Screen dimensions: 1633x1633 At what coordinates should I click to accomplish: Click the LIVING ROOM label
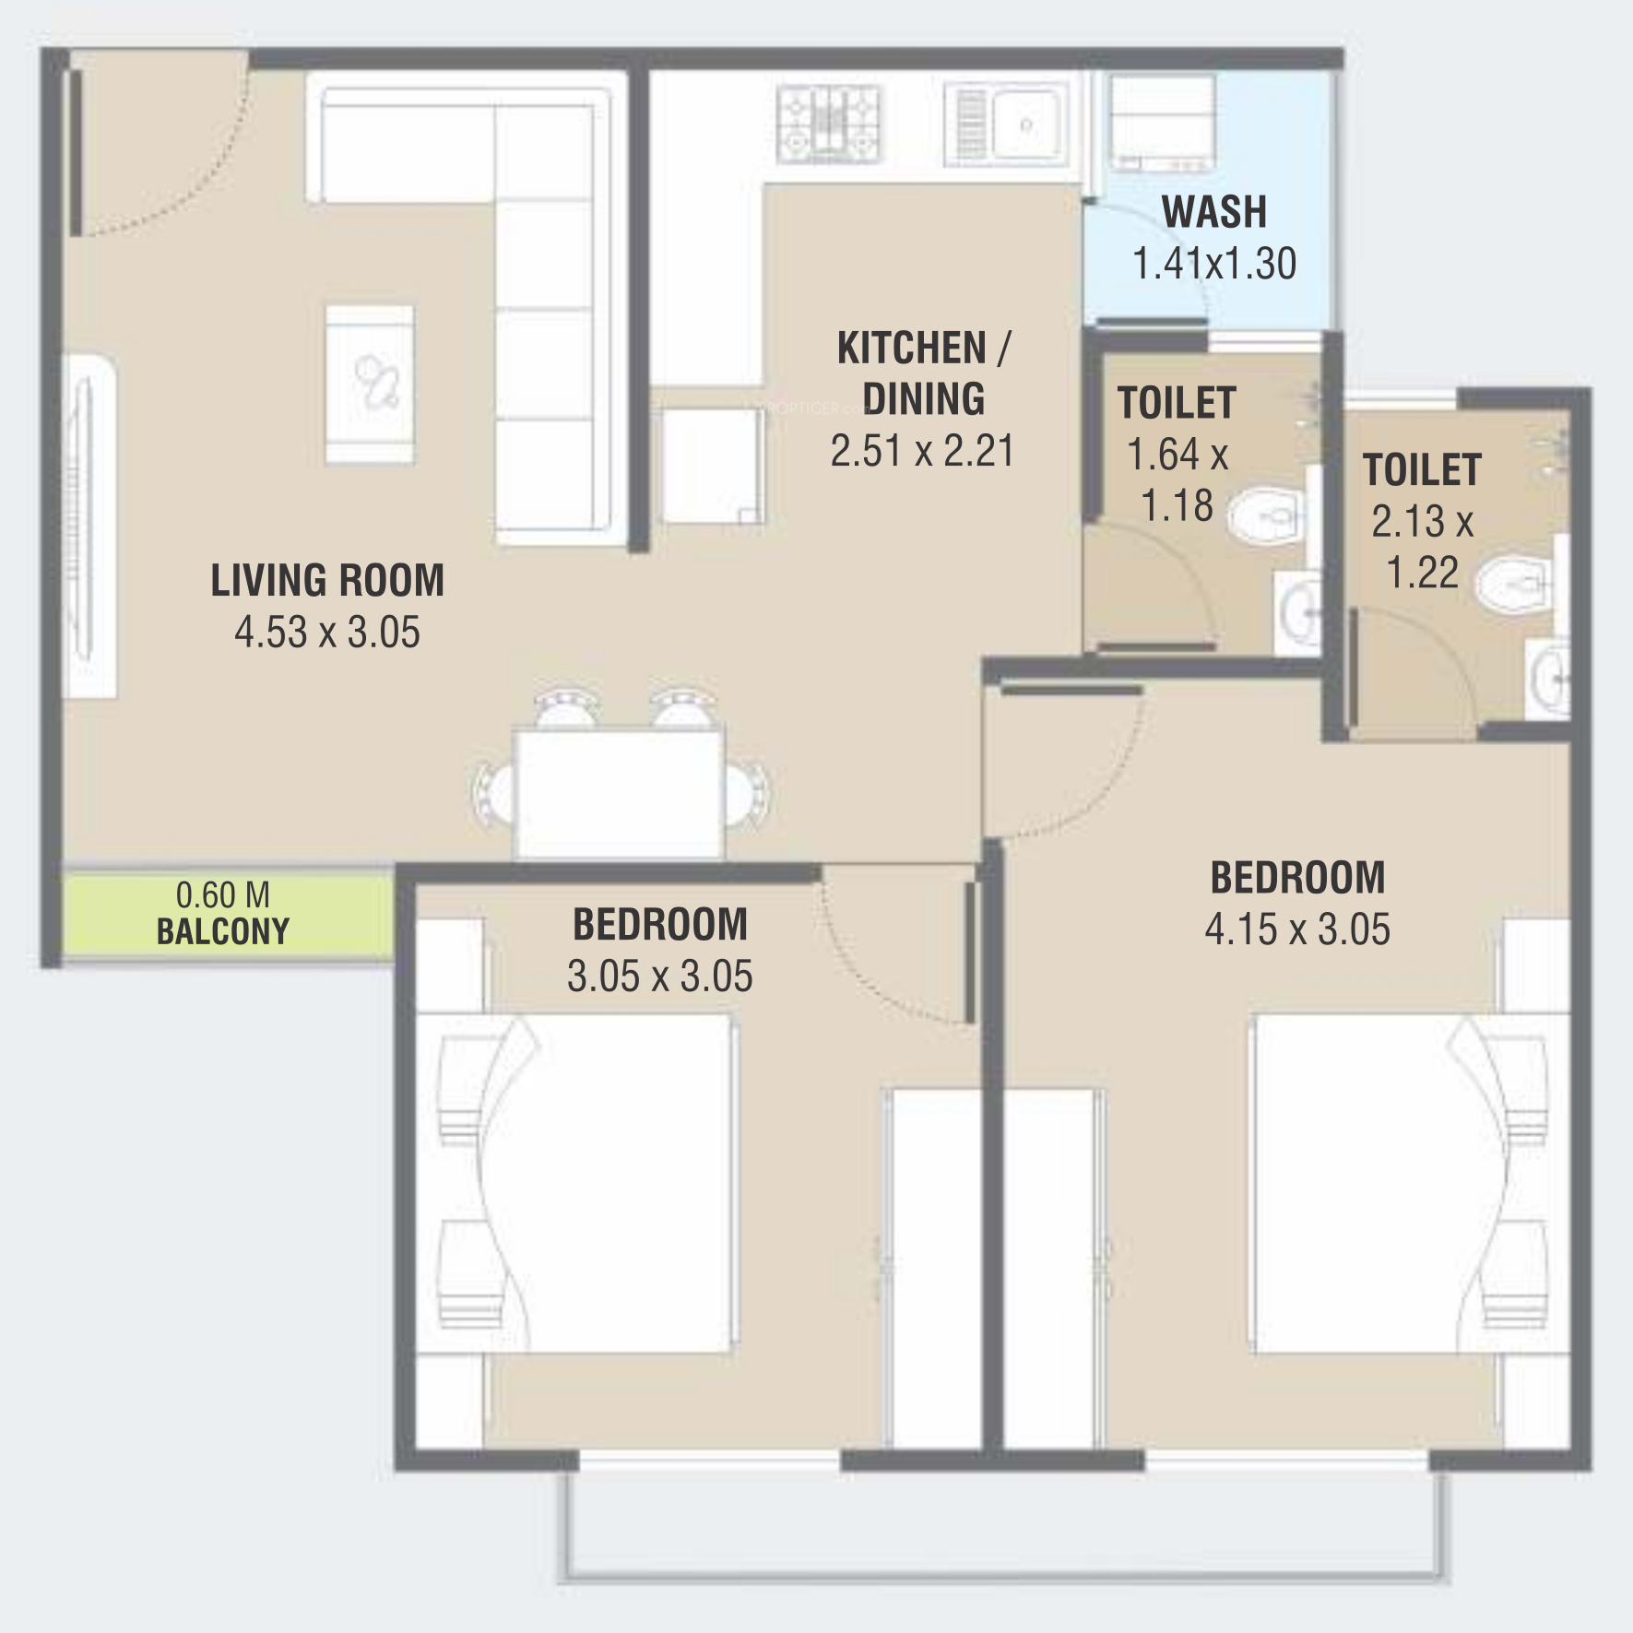(327, 581)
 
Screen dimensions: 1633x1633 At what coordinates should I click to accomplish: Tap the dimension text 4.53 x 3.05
(327, 633)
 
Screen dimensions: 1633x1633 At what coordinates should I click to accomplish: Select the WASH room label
(1214, 212)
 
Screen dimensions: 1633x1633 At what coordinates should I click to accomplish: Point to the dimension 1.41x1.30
(1214, 264)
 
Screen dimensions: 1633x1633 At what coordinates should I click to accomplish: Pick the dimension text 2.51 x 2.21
(923, 451)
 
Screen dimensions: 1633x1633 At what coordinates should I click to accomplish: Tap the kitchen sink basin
(1025, 124)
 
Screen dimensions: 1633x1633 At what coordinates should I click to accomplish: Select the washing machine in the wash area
(1162, 124)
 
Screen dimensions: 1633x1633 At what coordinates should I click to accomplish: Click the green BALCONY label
(223, 931)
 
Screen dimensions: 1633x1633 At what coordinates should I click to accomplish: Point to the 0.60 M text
(223, 894)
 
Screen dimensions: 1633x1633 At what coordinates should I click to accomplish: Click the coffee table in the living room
(370, 385)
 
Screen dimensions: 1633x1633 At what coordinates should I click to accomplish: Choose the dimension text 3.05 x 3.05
(660, 976)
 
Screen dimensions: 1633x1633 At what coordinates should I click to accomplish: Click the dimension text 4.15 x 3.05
(1297, 929)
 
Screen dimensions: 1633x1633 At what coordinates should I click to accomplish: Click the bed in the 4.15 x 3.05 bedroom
(1410, 1184)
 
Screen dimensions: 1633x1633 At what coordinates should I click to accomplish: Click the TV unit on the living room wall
(89, 526)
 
